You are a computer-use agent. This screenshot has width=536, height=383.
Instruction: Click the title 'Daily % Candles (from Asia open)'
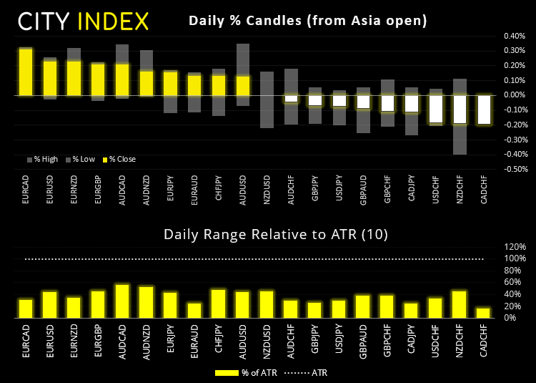click(308, 21)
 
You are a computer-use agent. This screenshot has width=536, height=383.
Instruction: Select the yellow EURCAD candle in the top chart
click(26, 72)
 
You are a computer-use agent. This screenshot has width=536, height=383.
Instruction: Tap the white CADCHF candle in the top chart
click(485, 110)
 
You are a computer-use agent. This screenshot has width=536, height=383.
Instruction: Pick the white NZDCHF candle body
click(461, 110)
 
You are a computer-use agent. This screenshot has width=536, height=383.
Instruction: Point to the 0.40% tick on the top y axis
click(512, 35)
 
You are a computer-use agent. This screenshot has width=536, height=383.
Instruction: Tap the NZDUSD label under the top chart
click(267, 192)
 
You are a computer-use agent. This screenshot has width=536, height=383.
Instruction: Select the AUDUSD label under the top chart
click(243, 192)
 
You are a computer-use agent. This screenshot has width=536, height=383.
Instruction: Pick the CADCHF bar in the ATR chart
click(485, 313)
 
